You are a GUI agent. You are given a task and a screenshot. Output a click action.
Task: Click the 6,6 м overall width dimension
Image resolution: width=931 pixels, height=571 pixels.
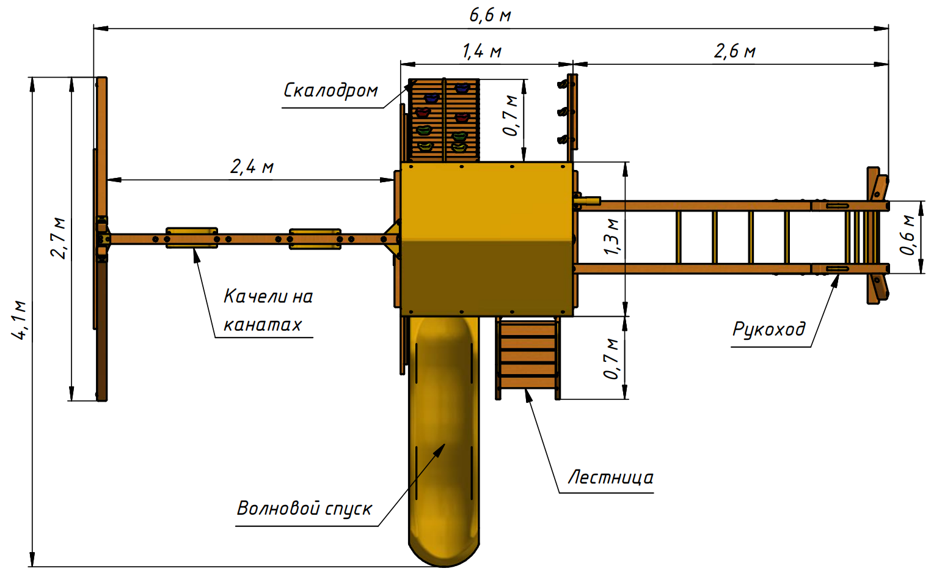pos(490,15)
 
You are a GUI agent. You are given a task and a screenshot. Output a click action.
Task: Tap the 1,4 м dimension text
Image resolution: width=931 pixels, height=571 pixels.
pos(482,51)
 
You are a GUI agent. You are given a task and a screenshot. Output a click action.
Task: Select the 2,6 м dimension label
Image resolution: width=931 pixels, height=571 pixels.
pos(734,51)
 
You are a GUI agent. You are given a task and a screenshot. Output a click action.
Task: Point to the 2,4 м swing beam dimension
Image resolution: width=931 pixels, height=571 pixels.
pos(252,167)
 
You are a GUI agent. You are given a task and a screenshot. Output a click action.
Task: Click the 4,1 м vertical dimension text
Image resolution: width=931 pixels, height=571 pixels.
pos(19,320)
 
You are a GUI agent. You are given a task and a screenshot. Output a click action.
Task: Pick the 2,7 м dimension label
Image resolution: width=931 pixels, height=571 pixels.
pos(58,238)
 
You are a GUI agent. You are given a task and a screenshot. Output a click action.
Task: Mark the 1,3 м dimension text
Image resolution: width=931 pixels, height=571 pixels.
pos(612,237)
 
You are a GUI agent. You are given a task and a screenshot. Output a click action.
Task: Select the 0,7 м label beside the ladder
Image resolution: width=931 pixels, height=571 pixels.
pos(612,359)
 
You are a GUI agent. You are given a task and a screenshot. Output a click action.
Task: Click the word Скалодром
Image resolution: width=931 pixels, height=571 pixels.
pos(330,90)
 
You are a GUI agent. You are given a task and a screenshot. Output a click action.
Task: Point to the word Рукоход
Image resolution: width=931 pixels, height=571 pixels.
pos(769,329)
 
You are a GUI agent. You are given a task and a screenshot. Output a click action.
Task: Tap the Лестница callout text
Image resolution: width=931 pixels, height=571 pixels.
pos(610,477)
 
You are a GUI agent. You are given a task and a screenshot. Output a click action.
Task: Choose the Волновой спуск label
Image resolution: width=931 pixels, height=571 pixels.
pos(304,508)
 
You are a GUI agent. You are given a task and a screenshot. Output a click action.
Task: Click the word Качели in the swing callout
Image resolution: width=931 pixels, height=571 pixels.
pos(255,297)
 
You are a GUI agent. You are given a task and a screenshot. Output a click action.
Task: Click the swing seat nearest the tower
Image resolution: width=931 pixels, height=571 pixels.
pos(315,238)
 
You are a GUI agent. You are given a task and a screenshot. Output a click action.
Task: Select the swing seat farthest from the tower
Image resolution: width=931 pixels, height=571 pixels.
pos(192,238)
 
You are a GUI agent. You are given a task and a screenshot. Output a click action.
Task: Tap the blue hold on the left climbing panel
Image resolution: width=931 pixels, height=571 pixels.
pos(431,98)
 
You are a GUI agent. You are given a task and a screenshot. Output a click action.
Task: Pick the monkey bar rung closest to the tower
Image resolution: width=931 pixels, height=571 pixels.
pos(678,237)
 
